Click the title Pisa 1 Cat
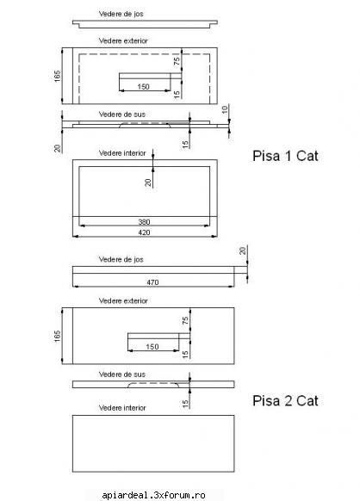(x=285, y=156)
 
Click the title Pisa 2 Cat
(x=285, y=400)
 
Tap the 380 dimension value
(x=144, y=222)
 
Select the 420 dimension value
(x=144, y=232)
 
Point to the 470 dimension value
(x=152, y=282)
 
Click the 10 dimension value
(x=225, y=109)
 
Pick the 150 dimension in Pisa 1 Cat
(x=143, y=87)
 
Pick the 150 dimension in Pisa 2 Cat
(x=152, y=347)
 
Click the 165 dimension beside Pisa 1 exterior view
(x=57, y=76)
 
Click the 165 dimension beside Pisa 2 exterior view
(x=57, y=336)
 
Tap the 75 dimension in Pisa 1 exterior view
(x=177, y=61)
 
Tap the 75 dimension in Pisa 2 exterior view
(x=185, y=321)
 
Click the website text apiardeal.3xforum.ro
(x=153, y=495)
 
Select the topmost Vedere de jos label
(x=121, y=14)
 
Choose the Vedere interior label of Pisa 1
(x=122, y=153)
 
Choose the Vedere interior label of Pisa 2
(x=122, y=408)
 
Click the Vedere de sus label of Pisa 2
(x=121, y=374)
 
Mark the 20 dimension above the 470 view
(x=243, y=251)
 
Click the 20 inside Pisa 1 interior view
(x=148, y=182)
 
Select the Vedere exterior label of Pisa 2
(x=123, y=300)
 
